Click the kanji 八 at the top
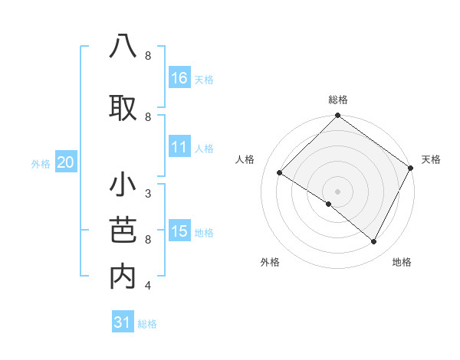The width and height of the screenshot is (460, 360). [x=123, y=47]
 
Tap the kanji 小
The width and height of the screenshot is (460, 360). [x=123, y=186]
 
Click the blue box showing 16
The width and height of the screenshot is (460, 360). [x=179, y=78]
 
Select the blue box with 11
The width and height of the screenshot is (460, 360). [x=179, y=148]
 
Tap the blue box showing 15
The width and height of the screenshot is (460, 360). [x=179, y=231]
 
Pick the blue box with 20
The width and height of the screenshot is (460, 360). [x=66, y=162]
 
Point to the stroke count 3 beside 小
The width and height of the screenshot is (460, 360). [x=148, y=194]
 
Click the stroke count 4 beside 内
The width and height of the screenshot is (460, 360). [x=148, y=286]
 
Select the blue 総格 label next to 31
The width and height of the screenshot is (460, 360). [x=147, y=324]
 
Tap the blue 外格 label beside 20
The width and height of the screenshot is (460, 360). [x=40, y=163]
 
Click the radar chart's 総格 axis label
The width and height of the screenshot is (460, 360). [x=338, y=100]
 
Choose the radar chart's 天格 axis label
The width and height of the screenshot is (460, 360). [x=431, y=159]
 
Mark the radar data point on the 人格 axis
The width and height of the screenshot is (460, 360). [x=280, y=173]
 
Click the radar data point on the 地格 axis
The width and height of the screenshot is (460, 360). [x=374, y=241]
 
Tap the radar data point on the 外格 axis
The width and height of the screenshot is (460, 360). [x=329, y=204]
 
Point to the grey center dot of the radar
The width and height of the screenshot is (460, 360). [x=338, y=191]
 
